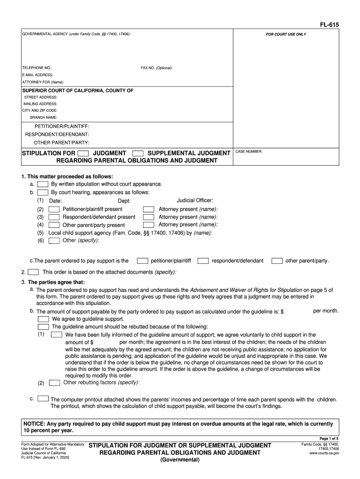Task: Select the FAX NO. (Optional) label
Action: point(157,68)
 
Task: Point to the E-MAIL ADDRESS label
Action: point(37,75)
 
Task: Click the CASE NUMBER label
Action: point(249,152)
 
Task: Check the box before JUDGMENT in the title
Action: point(83,153)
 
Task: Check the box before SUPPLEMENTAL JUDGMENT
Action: point(138,153)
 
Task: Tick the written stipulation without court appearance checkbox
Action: point(43,184)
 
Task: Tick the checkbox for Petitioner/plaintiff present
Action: point(54,210)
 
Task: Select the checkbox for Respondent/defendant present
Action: point(54,217)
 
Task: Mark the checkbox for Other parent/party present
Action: point(54,225)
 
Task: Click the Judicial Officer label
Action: point(195,200)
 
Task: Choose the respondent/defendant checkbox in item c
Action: point(203,261)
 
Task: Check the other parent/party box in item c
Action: point(277,261)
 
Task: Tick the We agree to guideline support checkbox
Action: point(43,319)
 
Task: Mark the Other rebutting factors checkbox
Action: point(54,383)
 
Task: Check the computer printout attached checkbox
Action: point(43,399)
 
